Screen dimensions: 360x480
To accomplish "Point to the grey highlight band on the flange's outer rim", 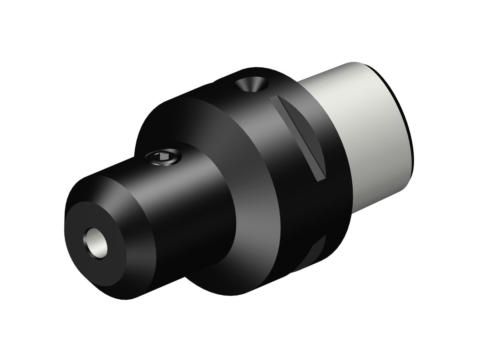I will (x=256, y=132).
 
